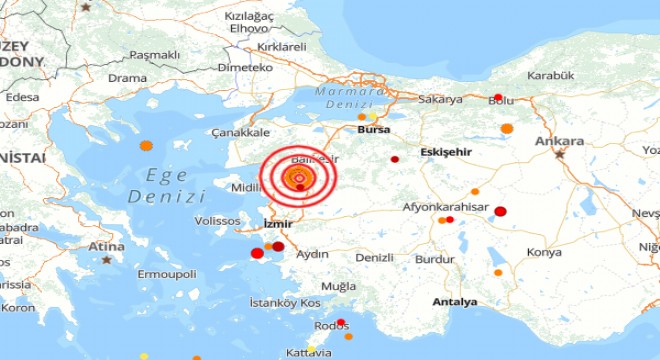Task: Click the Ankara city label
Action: (x=560, y=141)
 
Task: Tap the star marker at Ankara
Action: (x=560, y=154)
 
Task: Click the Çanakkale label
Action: (x=238, y=132)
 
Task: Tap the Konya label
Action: (x=544, y=253)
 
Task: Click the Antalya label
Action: (x=455, y=301)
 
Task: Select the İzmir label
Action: (x=276, y=224)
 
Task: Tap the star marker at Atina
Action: (x=105, y=259)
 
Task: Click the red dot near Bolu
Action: (x=497, y=98)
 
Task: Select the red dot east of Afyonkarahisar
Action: (x=500, y=211)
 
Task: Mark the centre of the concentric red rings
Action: (x=297, y=179)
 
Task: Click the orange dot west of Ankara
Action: (x=507, y=128)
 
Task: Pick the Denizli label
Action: (x=374, y=257)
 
